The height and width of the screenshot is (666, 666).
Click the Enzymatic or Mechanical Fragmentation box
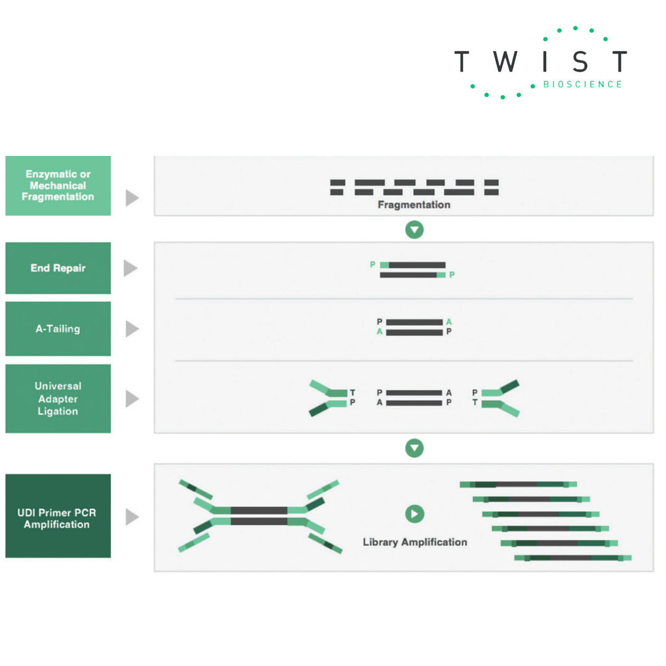(x=58, y=186)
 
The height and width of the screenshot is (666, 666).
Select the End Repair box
(x=58, y=268)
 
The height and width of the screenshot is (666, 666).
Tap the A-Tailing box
(x=58, y=329)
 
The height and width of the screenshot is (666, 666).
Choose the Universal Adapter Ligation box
(x=58, y=398)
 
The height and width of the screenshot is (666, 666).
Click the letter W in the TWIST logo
(x=506, y=62)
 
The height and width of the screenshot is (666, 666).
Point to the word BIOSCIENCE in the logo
(x=582, y=84)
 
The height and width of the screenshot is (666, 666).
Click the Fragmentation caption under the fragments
(x=414, y=205)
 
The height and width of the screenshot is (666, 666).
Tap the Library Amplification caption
(x=414, y=542)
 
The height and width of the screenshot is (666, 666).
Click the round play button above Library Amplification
(x=414, y=514)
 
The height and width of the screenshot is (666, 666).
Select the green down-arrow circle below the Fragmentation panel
(x=414, y=230)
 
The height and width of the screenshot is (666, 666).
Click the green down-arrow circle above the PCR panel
(x=414, y=448)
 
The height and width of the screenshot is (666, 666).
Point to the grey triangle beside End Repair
(x=130, y=268)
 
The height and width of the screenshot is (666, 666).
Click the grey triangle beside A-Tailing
(x=132, y=329)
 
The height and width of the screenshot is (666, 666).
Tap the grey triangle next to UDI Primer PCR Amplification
(x=132, y=517)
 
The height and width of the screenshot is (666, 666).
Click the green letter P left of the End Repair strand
(x=372, y=265)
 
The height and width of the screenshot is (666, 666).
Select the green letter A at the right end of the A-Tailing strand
(x=449, y=322)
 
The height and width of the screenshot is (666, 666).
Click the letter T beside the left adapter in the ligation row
(x=352, y=392)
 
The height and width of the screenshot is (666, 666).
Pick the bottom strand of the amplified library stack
(x=572, y=557)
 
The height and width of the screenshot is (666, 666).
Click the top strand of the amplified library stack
(x=518, y=485)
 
